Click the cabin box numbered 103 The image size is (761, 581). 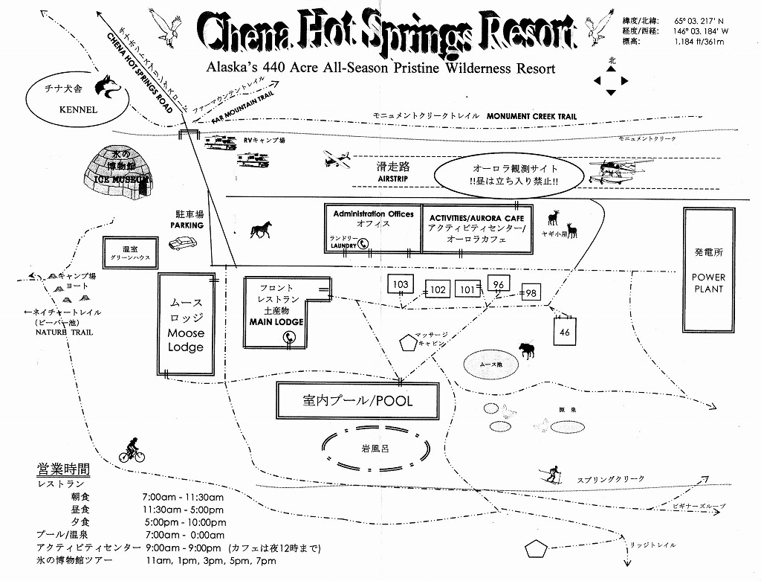(x=401, y=284)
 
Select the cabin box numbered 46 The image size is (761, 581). (x=565, y=332)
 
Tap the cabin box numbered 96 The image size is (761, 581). (x=499, y=284)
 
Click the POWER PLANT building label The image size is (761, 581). (x=708, y=283)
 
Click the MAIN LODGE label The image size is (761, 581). (x=276, y=322)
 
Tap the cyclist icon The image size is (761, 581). (x=132, y=451)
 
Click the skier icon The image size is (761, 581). (x=552, y=474)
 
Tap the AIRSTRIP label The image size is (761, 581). (x=393, y=179)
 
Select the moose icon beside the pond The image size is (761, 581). (x=528, y=350)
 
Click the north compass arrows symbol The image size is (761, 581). (x=611, y=80)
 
